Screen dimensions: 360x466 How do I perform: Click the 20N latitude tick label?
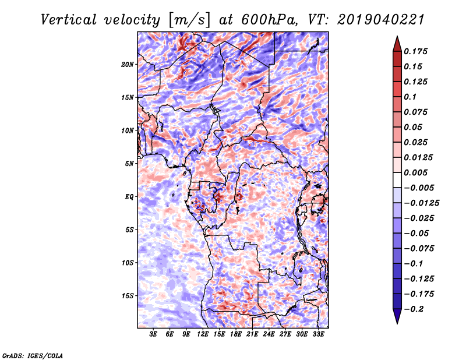coord(128,64)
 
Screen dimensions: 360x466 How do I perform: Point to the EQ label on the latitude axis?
coord(129,197)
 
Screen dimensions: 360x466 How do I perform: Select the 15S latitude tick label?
coord(128,296)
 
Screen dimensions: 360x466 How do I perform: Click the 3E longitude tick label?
coord(154,334)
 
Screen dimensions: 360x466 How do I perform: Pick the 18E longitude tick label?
coord(236,334)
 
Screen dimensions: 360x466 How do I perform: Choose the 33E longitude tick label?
coord(318,334)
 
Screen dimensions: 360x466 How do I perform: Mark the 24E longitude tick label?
coord(269,334)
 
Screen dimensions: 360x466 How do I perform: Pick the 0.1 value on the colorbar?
coord(412,97)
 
